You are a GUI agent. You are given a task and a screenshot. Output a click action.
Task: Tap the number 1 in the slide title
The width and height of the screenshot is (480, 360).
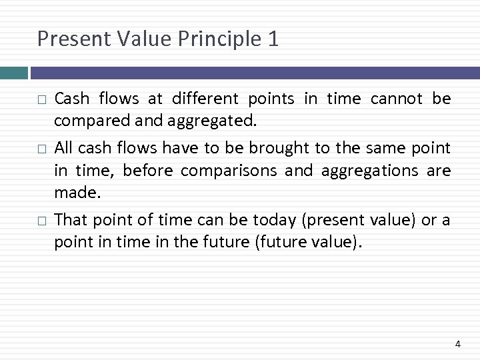(272, 39)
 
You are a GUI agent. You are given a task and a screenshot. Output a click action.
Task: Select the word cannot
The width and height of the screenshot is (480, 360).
(395, 99)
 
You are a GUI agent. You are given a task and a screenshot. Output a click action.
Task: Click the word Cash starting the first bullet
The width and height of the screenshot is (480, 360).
(71, 99)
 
